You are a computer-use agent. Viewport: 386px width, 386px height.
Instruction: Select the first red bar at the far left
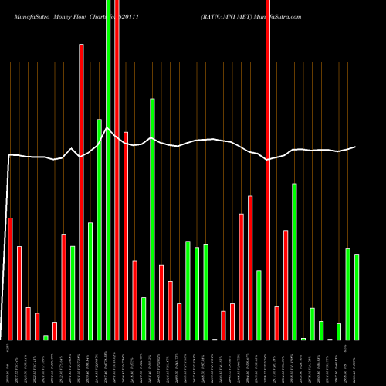coord(10,279)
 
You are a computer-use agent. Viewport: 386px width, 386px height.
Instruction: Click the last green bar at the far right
coord(357,297)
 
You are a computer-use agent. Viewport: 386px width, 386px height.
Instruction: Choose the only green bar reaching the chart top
coord(108,170)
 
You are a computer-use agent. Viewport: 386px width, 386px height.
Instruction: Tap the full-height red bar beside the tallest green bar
coord(117,170)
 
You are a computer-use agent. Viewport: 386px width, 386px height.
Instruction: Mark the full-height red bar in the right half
coord(268,170)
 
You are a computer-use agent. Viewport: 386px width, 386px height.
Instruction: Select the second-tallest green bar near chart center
coord(153,219)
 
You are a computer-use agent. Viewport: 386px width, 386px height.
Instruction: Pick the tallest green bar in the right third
coord(295,262)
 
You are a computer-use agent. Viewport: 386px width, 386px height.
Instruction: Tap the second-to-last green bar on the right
coord(348,294)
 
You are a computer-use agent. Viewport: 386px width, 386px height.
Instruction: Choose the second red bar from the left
coord(19,293)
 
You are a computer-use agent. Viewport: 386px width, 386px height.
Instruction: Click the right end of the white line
coord(356,147)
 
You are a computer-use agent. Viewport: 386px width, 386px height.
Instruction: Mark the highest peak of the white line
coord(108,128)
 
